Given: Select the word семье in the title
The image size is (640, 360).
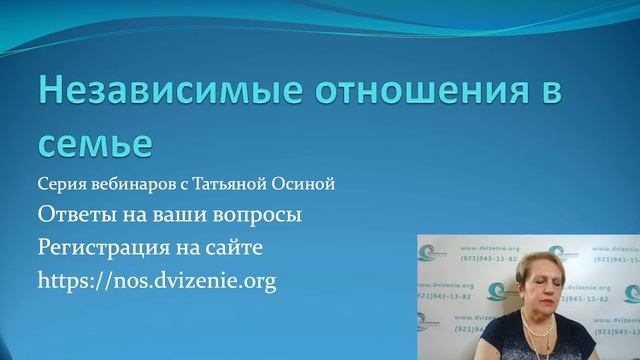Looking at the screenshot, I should (x=95, y=143).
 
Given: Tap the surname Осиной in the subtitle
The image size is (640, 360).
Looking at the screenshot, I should (x=305, y=185).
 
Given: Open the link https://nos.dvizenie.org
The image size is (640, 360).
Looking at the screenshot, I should (x=156, y=281).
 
